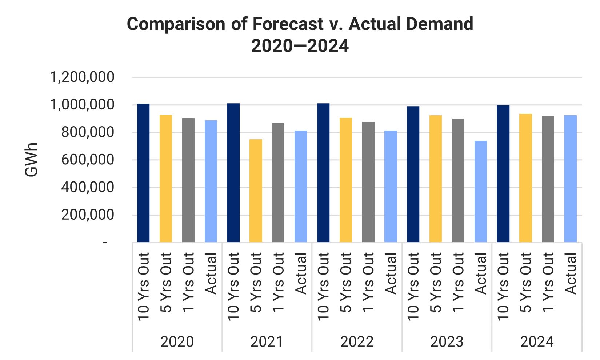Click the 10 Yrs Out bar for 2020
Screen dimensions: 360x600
click(x=143, y=173)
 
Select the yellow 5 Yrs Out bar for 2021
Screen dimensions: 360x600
click(x=256, y=191)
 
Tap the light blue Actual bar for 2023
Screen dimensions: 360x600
click(x=480, y=191)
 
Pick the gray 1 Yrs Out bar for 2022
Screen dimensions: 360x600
click(x=368, y=182)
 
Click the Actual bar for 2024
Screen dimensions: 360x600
click(x=570, y=179)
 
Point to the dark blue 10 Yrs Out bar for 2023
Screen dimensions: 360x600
click(x=413, y=174)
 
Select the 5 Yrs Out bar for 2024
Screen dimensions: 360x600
click(x=525, y=178)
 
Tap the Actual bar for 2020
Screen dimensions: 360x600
click(x=211, y=181)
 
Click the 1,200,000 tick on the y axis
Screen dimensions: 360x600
click(x=82, y=77)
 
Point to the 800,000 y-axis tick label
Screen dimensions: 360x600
click(x=88, y=132)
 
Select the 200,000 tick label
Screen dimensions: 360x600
click(x=88, y=215)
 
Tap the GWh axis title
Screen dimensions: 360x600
click(x=32, y=160)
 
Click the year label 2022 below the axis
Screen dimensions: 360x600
click(x=357, y=342)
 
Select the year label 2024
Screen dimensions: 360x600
click(x=537, y=342)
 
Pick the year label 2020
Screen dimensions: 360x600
click(x=177, y=342)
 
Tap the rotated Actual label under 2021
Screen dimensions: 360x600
click(x=301, y=274)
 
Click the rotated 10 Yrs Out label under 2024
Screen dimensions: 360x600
click(x=503, y=287)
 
